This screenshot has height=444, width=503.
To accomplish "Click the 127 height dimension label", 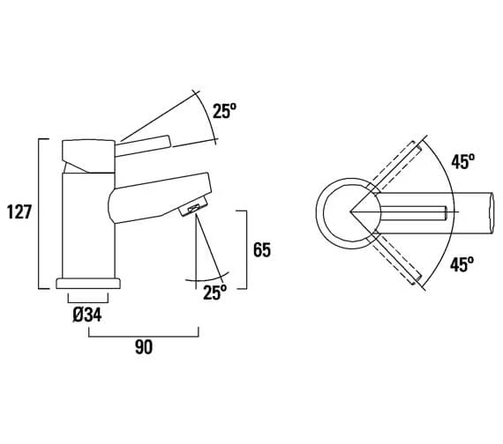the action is (19, 211).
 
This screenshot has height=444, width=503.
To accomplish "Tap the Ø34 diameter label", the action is (87, 314).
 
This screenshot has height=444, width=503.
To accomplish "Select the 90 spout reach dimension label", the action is (144, 347).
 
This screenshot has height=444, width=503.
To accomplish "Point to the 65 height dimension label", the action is (262, 250).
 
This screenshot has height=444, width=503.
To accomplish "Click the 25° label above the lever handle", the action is (224, 111).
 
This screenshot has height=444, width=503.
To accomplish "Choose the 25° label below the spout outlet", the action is (214, 292).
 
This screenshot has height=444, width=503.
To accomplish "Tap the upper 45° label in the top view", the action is (463, 161).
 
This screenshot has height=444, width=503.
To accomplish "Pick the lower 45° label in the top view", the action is (462, 264).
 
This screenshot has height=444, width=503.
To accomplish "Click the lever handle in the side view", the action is (142, 146).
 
